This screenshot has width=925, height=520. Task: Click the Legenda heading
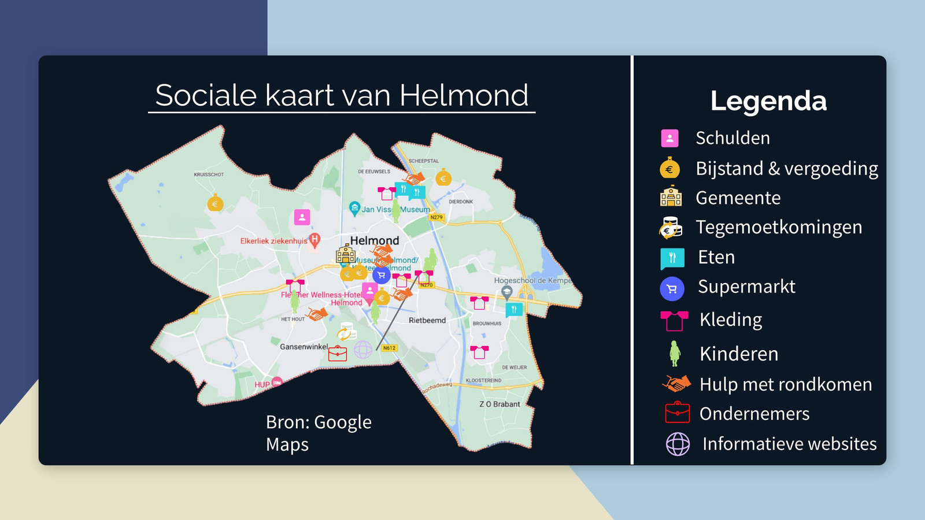(x=768, y=101)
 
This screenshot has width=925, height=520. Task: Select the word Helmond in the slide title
(x=464, y=95)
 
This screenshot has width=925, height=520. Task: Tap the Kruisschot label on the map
(x=209, y=174)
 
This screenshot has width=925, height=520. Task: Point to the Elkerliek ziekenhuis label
(x=273, y=241)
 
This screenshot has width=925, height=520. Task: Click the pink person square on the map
(x=302, y=217)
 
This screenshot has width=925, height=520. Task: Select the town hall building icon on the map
(x=346, y=254)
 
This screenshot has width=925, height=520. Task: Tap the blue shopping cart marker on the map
(x=381, y=275)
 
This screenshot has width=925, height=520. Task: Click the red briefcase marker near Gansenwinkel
(x=338, y=353)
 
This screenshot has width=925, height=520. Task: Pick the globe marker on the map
(x=363, y=349)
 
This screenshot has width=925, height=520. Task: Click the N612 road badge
(x=389, y=348)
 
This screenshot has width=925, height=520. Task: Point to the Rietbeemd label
(x=427, y=320)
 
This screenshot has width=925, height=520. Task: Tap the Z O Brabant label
(x=499, y=404)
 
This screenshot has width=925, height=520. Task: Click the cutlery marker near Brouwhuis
(x=513, y=310)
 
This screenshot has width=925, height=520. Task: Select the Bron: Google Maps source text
(x=318, y=433)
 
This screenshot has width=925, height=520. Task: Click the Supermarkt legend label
(x=746, y=287)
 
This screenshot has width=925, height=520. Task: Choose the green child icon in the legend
(x=674, y=353)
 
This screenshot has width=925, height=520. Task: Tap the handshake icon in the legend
(x=676, y=384)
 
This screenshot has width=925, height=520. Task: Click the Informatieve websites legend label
(x=789, y=444)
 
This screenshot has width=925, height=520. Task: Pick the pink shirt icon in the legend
(x=674, y=320)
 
